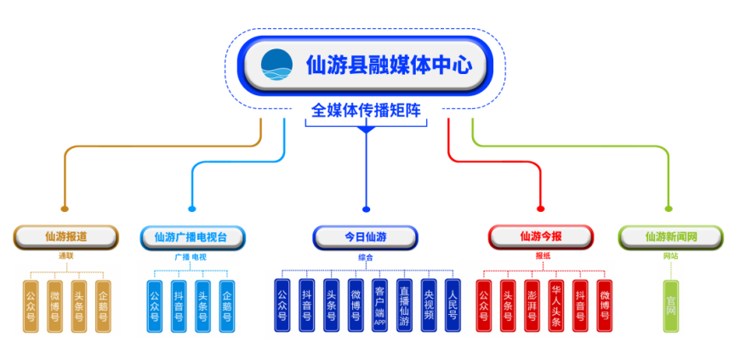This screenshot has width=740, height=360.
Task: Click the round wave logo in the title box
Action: click(276, 64)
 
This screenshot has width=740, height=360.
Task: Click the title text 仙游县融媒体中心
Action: click(388, 65)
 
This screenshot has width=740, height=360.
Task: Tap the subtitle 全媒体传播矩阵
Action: click(366, 111)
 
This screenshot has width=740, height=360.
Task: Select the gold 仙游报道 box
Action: click(65, 237)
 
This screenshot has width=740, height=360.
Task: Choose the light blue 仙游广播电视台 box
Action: click(196, 237)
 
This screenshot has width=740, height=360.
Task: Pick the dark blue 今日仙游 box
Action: click(366, 237)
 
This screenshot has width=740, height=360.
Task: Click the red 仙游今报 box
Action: click(541, 237)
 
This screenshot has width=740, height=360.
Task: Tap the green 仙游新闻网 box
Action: click(670, 237)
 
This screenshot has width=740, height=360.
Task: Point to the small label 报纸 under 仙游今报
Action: click(542, 255)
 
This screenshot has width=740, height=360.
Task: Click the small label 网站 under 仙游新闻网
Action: click(670, 255)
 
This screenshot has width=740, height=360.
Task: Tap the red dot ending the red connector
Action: click(541, 208)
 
